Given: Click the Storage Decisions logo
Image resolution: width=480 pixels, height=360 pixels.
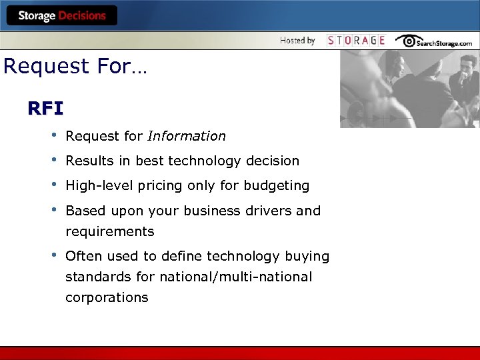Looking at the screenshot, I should [x=62, y=15].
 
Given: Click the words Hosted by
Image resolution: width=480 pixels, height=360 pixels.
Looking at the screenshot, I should [x=297, y=40].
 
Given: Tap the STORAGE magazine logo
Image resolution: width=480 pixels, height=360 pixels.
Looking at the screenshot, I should [x=356, y=40].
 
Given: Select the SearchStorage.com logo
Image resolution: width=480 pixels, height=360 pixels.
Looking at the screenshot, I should [x=433, y=41].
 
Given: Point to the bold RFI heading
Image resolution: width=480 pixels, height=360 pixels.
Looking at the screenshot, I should [x=45, y=108].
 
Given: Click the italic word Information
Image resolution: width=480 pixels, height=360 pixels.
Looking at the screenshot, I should [x=187, y=136].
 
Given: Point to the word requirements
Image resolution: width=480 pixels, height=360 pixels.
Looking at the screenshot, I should [x=109, y=232].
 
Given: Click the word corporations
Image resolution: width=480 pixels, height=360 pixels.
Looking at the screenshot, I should [x=107, y=297].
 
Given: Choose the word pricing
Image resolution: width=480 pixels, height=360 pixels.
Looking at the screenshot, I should [x=154, y=185].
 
